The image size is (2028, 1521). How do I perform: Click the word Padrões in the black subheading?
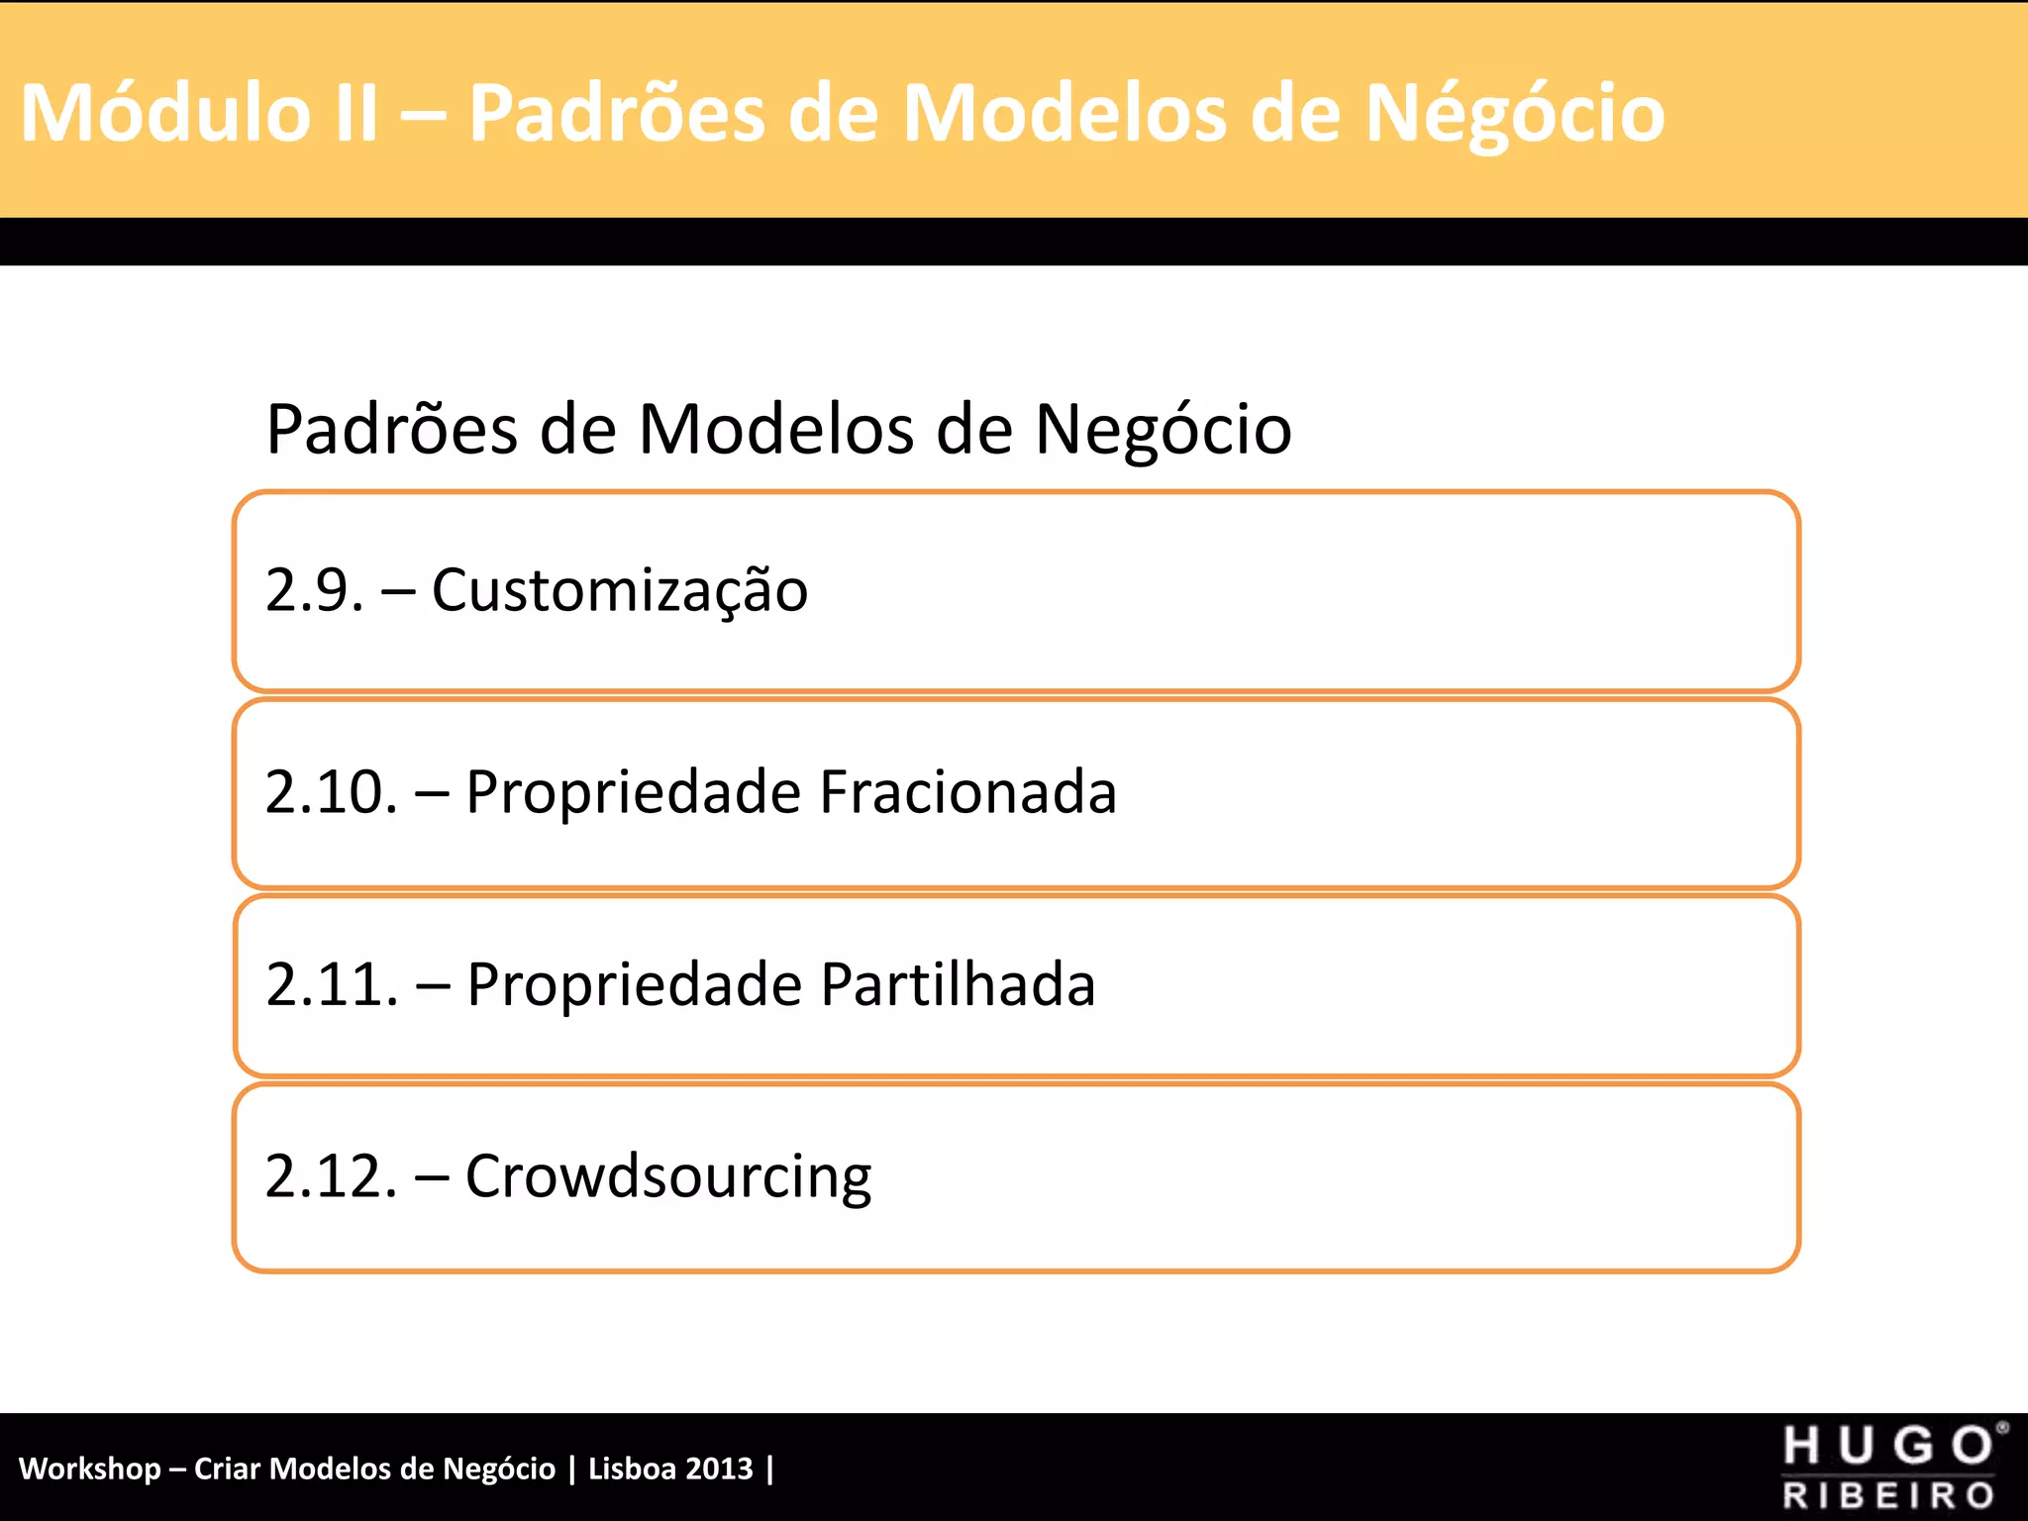(392, 430)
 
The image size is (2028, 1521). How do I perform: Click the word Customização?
(620, 592)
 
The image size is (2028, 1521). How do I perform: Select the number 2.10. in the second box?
(332, 792)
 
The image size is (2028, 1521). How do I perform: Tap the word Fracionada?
(968, 792)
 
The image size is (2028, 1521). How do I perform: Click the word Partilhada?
(959, 984)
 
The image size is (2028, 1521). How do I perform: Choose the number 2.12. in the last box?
(332, 1176)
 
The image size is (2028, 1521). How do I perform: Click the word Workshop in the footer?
(89, 1469)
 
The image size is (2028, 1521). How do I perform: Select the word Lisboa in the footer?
(632, 1469)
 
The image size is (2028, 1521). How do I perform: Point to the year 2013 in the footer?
(719, 1469)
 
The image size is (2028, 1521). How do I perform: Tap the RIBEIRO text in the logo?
(1888, 1494)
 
